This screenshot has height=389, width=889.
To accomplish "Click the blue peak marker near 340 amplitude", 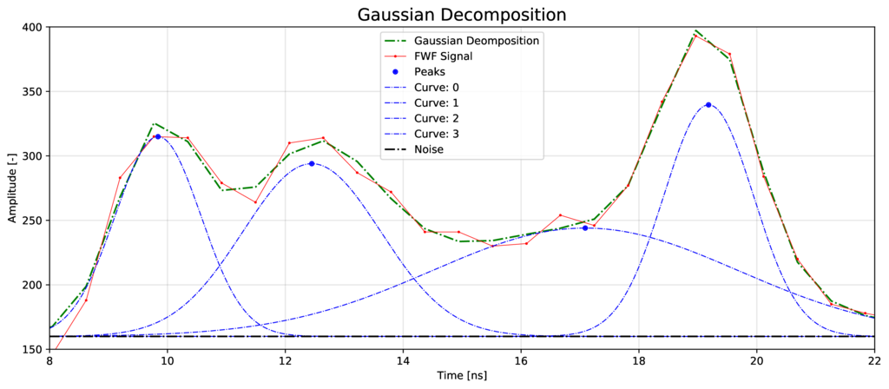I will coord(708,105).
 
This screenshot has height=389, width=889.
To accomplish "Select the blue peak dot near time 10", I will coord(158,136).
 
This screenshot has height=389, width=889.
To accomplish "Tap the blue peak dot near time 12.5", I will coord(311,163).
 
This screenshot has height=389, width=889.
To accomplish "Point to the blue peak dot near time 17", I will coord(585,227).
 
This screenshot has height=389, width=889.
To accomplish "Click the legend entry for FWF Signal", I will coord(442,56).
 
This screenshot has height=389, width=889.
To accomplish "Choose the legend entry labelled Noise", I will coord(429,149).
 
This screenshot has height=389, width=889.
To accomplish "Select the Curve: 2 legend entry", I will coord(438,118).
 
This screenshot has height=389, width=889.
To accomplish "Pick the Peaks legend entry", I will coord(431,72).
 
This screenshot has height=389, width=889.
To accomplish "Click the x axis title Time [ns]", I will coord(462,378).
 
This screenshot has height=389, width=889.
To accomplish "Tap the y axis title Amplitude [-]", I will coord(11,188).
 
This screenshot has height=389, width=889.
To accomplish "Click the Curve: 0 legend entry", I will coord(438,88).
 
